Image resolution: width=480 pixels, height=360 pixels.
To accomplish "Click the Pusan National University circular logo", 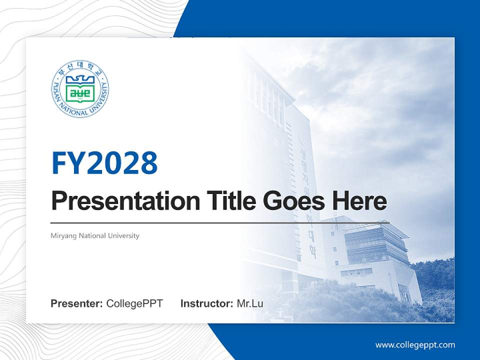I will coord(80,89).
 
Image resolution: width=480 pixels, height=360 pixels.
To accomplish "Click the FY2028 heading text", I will coord(104,162).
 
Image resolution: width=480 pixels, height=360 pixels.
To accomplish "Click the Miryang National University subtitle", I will coord(95,235).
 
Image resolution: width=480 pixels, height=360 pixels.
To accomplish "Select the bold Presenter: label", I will coord(77,303).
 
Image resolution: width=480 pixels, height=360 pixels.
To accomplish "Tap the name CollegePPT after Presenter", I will coord(134,303).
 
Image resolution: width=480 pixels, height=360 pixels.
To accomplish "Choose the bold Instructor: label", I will coord(206,303).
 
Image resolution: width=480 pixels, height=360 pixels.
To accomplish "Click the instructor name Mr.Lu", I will coord(250,303).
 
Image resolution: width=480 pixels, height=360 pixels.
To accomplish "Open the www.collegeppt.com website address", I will coord(415,344).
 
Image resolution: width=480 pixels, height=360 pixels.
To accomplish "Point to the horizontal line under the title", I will coord(220,222).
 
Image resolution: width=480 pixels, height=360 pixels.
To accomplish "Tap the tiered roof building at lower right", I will coord(372,250).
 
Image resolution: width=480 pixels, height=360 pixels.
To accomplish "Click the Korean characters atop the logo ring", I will coord(80,68).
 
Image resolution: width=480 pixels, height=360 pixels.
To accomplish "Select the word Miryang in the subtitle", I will coord(62,235).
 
